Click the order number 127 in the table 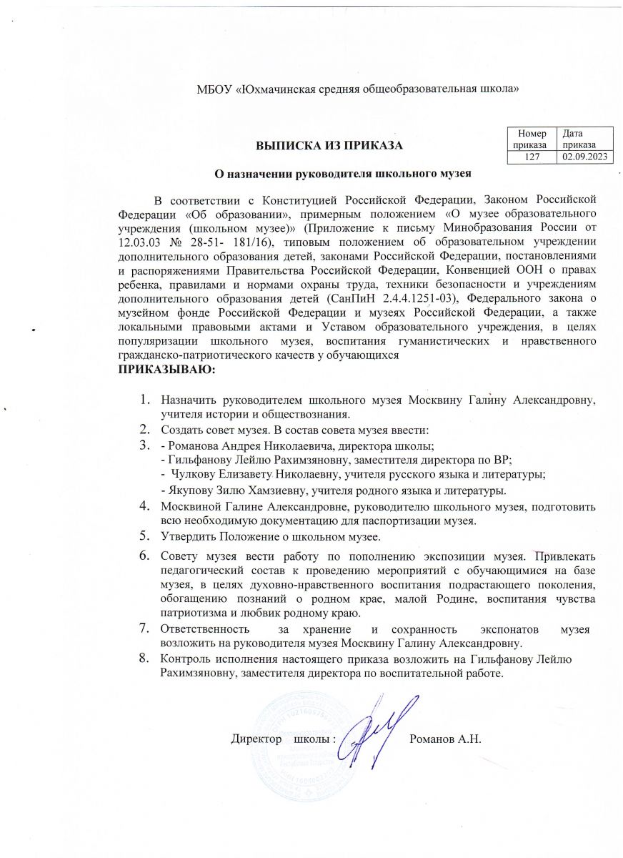tap(533, 155)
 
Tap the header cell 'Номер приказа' tap(533, 139)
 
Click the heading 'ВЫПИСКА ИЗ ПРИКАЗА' tap(330, 146)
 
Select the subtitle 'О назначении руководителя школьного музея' tap(345, 172)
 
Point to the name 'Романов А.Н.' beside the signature tap(449, 738)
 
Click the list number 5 tap(144, 536)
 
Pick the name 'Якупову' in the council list tap(188, 490)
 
